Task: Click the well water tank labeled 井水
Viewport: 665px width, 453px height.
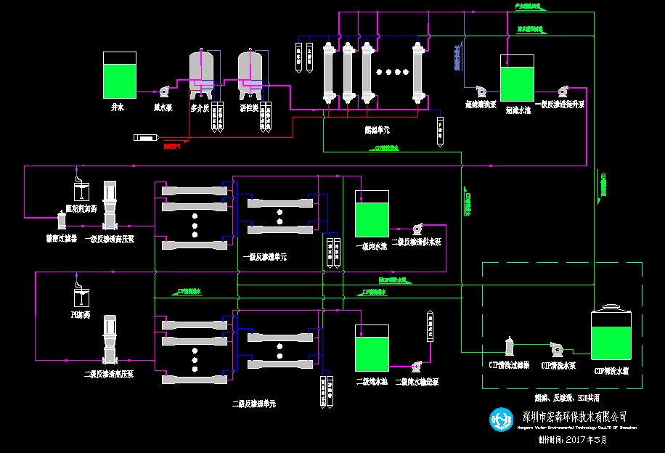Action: coord(120,75)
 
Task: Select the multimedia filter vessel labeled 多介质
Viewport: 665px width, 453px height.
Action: coord(200,73)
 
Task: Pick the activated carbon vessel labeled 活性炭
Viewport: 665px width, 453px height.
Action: coord(250,73)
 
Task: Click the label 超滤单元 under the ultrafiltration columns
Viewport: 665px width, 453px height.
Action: coord(377,131)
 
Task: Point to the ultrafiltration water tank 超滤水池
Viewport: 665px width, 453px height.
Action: coord(518,79)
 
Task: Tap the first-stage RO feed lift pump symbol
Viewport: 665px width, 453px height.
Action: coord(562,91)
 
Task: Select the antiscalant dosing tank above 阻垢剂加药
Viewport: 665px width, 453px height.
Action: coord(81,191)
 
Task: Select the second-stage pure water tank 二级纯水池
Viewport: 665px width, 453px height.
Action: coord(372,348)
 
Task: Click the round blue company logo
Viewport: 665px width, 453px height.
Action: coord(501,418)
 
